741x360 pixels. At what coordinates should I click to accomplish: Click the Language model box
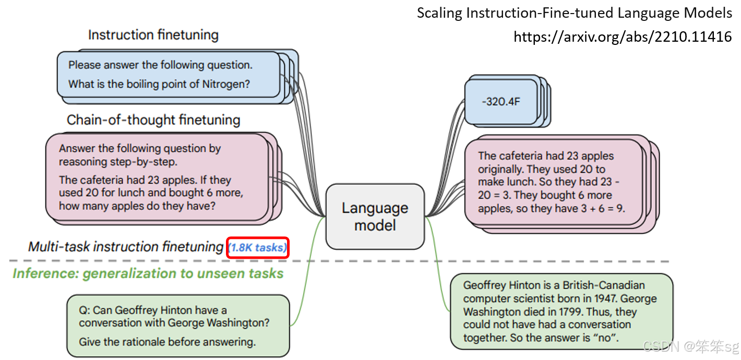(x=375, y=217)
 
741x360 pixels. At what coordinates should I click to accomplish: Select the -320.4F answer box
(x=500, y=101)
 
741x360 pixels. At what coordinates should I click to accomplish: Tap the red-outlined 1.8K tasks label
(x=258, y=248)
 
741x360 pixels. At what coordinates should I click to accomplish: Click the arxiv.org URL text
(x=623, y=37)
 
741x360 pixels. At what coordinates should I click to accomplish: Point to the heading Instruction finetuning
(x=153, y=35)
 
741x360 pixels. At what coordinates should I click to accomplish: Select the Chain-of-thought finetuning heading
(x=153, y=120)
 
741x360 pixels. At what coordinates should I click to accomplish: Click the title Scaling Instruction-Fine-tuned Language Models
(x=574, y=13)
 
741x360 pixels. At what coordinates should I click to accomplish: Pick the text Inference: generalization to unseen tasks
(x=148, y=273)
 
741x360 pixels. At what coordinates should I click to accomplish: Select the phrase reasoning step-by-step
(x=118, y=161)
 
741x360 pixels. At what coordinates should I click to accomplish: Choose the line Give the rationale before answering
(x=167, y=342)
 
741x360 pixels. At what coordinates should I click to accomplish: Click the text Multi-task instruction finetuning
(x=126, y=247)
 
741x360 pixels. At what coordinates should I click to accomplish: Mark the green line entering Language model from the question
(x=310, y=271)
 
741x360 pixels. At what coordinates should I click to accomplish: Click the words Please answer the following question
(x=160, y=65)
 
